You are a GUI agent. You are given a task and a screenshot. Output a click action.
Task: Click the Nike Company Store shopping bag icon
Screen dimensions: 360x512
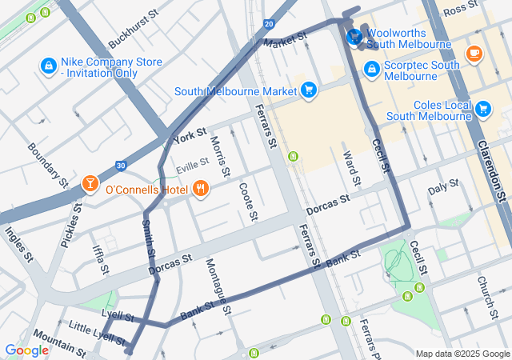[48, 64]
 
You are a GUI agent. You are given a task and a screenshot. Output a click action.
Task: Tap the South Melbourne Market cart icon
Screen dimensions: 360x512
[308, 89]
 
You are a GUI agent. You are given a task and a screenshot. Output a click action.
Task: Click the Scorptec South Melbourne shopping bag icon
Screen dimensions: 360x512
[371, 70]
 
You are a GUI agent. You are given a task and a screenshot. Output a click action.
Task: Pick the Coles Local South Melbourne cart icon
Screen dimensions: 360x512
[482, 108]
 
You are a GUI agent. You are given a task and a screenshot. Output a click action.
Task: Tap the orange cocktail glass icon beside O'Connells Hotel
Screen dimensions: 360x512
[91, 185]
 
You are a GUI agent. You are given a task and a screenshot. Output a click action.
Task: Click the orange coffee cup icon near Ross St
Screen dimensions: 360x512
[474, 53]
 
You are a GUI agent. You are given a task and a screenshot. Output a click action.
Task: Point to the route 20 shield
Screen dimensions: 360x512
[268, 23]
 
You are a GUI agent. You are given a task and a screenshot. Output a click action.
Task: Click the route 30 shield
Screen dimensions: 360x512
[121, 165]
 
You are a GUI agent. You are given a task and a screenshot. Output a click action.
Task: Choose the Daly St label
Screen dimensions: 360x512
[443, 187]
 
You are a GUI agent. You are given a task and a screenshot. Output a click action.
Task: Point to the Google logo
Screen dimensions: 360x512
[26, 350]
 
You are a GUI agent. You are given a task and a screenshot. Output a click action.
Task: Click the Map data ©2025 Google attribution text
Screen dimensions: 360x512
[462, 354]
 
